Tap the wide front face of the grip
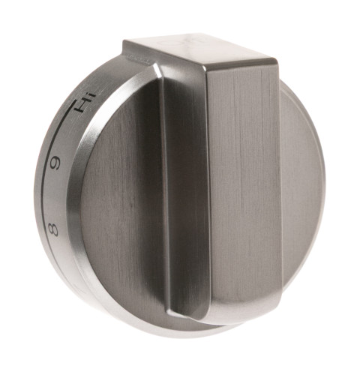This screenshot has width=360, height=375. click(244, 187)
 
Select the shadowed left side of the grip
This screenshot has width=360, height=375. click(184, 187)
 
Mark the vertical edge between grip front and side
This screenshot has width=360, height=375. click(205, 187)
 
